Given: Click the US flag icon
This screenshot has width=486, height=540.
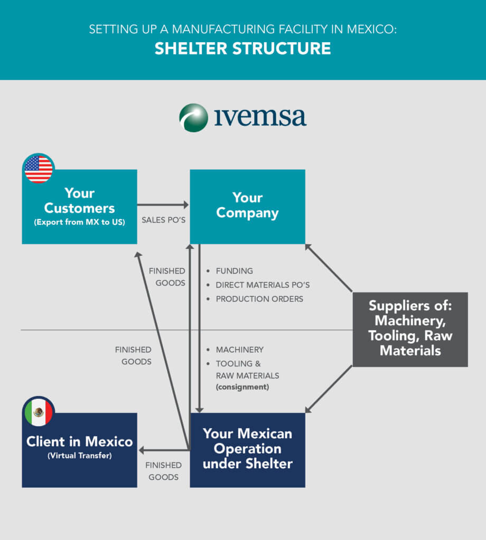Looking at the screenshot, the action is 39,169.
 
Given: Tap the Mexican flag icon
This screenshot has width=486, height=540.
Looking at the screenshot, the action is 39,411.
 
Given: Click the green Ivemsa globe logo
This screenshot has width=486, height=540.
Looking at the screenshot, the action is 193,118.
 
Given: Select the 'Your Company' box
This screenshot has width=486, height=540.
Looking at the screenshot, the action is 247,207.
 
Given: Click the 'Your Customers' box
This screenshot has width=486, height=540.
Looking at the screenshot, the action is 79,207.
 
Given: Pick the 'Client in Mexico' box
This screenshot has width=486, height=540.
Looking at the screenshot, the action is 79,450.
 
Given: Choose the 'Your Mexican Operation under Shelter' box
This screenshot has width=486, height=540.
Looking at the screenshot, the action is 247,450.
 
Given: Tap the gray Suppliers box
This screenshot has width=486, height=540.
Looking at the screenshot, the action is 410,330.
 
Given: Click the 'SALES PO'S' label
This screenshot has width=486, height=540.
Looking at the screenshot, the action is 163,220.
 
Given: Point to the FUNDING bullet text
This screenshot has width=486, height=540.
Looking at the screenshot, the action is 234,271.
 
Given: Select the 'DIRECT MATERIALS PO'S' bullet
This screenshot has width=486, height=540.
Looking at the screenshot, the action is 263,285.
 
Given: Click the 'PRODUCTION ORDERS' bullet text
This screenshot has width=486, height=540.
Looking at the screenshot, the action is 259,299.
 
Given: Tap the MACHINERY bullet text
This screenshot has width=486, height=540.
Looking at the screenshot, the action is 239,350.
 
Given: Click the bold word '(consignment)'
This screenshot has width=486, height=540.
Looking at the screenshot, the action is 242,387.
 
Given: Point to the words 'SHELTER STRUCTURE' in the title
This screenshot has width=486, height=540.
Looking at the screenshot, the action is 243,49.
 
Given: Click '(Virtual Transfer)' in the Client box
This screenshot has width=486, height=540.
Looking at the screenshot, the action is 80,456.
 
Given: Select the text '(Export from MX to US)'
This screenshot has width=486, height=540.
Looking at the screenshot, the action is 79,222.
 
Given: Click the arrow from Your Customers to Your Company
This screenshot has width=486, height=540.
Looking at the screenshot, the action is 163,205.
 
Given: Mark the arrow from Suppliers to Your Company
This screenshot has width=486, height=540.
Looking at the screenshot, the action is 329,268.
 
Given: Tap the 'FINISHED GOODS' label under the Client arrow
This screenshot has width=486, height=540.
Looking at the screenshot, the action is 163,471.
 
